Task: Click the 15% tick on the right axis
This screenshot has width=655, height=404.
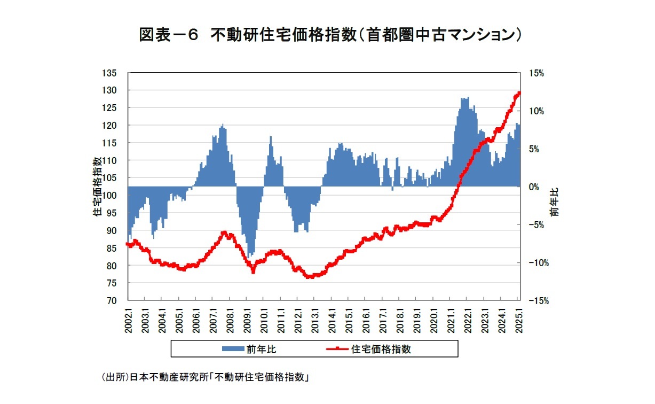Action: tap(536, 73)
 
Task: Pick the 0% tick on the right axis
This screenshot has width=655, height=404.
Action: tap(534, 187)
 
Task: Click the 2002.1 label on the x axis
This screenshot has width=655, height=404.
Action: tap(128, 320)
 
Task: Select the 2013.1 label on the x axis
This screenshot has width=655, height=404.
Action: tap(315, 320)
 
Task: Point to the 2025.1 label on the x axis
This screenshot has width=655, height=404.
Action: tap(519, 320)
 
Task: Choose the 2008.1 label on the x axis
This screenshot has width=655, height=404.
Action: tap(230, 320)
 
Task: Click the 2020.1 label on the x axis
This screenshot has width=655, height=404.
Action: tap(434, 320)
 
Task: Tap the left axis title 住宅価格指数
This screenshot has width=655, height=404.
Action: tap(98, 187)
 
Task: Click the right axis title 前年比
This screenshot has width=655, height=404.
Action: tap(556, 203)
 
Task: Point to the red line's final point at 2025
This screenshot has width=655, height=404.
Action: tap(519, 92)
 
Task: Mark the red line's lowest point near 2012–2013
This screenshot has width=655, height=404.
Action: tap(310, 277)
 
